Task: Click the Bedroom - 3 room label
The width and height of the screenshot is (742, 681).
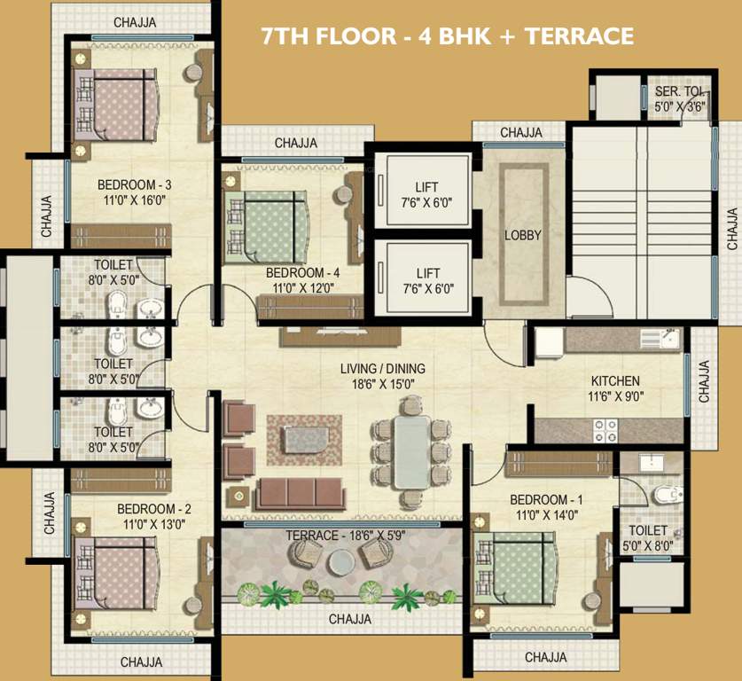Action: coord(135,184)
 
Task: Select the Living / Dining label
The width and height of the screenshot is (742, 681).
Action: coord(383,368)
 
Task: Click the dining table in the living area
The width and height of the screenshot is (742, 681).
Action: coord(412,451)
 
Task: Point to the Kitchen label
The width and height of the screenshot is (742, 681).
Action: coord(615,381)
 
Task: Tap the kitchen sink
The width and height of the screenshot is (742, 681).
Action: coord(660,339)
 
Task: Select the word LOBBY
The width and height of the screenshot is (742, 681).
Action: coord(522,235)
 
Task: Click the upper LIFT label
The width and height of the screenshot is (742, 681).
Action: coord(426,187)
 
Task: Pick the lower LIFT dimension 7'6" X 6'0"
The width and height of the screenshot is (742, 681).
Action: coord(428,289)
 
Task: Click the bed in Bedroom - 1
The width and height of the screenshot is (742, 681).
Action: coord(514,567)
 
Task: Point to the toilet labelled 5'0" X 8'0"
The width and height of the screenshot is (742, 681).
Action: coord(647,538)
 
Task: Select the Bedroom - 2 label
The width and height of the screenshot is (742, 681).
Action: coord(154,509)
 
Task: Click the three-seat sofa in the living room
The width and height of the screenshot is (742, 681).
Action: coord(299,494)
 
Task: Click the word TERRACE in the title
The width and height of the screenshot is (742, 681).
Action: coord(580,36)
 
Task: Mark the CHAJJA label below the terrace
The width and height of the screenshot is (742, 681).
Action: coord(350,619)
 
